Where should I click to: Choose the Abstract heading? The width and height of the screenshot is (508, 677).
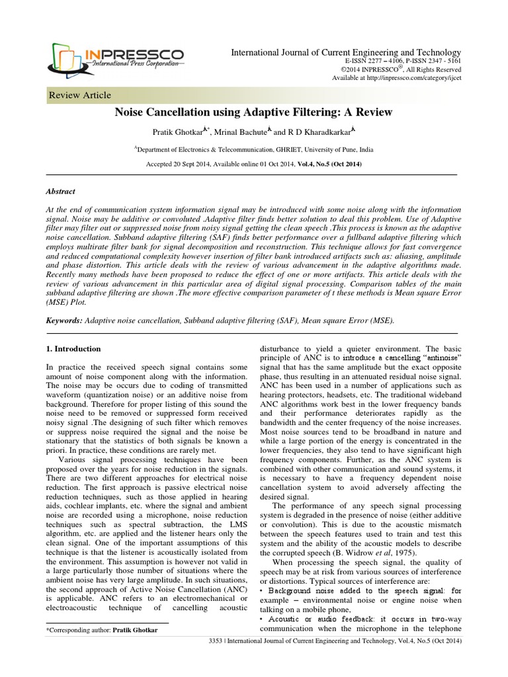pos(60,190)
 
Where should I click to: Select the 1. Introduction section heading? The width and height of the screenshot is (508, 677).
pos(73,348)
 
